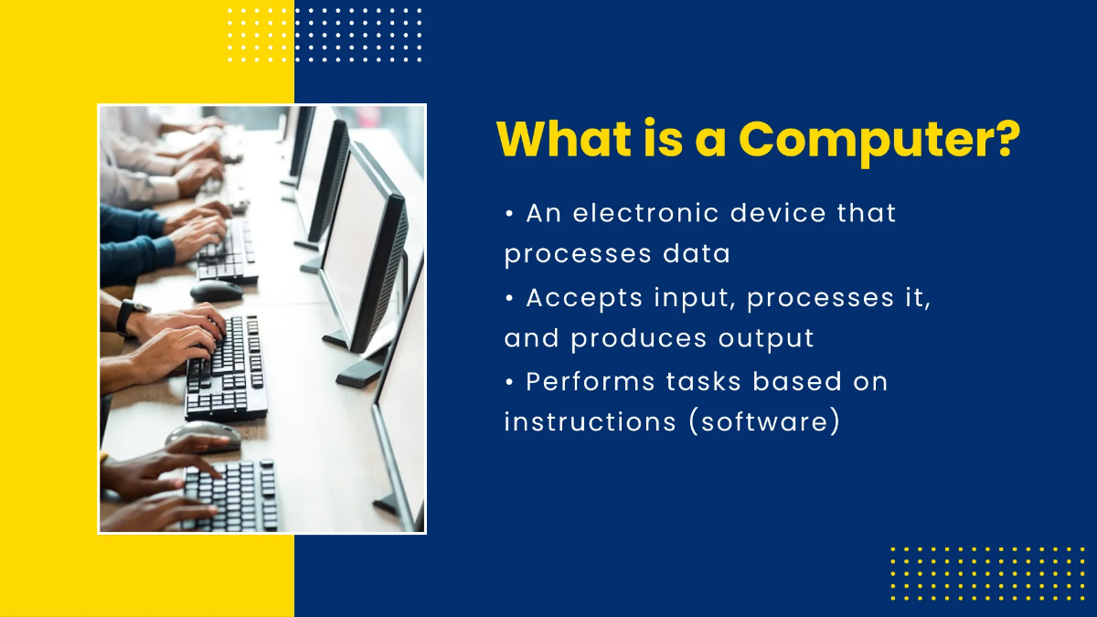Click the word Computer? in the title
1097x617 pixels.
coord(879,140)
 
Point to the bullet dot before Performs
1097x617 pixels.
coord(509,382)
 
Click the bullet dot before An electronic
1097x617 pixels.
coord(509,214)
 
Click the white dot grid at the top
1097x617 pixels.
coord(325,35)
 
